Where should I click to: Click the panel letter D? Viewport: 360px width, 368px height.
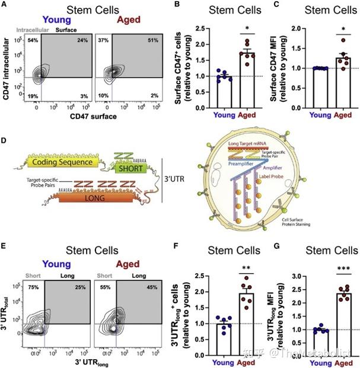tap(4, 142)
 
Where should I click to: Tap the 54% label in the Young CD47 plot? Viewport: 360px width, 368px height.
tap(33, 40)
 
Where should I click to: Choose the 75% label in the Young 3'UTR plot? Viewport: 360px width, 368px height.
tap(33, 287)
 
